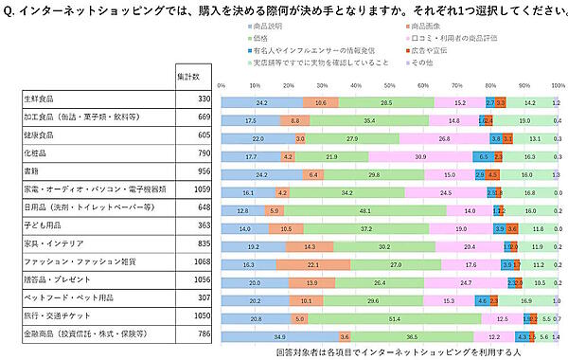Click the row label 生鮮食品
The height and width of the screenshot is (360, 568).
point(39,99)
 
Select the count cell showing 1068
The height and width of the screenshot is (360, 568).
point(202,261)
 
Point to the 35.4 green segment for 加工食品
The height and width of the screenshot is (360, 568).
point(371,120)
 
